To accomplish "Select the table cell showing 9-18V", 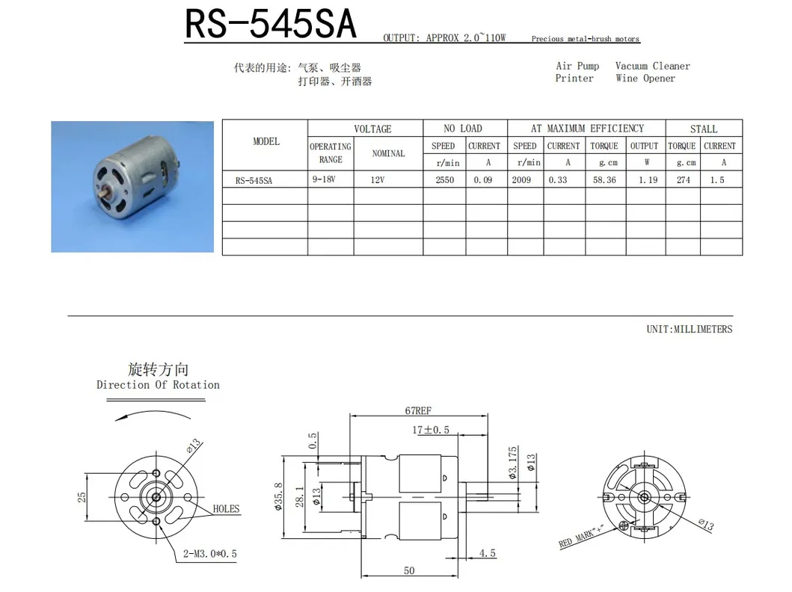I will (x=324, y=179).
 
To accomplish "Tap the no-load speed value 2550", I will (x=444, y=180).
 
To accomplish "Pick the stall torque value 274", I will (x=683, y=180).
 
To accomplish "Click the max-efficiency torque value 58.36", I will (x=604, y=180).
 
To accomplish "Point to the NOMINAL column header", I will (x=388, y=153).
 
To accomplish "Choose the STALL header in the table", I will (x=703, y=129).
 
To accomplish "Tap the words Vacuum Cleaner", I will (x=652, y=66).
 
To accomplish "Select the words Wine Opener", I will (x=645, y=78).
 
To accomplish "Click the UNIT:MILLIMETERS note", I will (x=689, y=329).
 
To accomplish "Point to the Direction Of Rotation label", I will (x=158, y=385).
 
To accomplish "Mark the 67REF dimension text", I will (x=419, y=411).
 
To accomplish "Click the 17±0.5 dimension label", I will (x=430, y=430).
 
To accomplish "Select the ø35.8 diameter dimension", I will (x=277, y=496).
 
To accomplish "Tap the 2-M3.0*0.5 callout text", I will (x=210, y=554).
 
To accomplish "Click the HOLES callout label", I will (x=226, y=509).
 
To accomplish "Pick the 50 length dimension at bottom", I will (x=409, y=571).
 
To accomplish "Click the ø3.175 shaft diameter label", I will (x=513, y=463).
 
